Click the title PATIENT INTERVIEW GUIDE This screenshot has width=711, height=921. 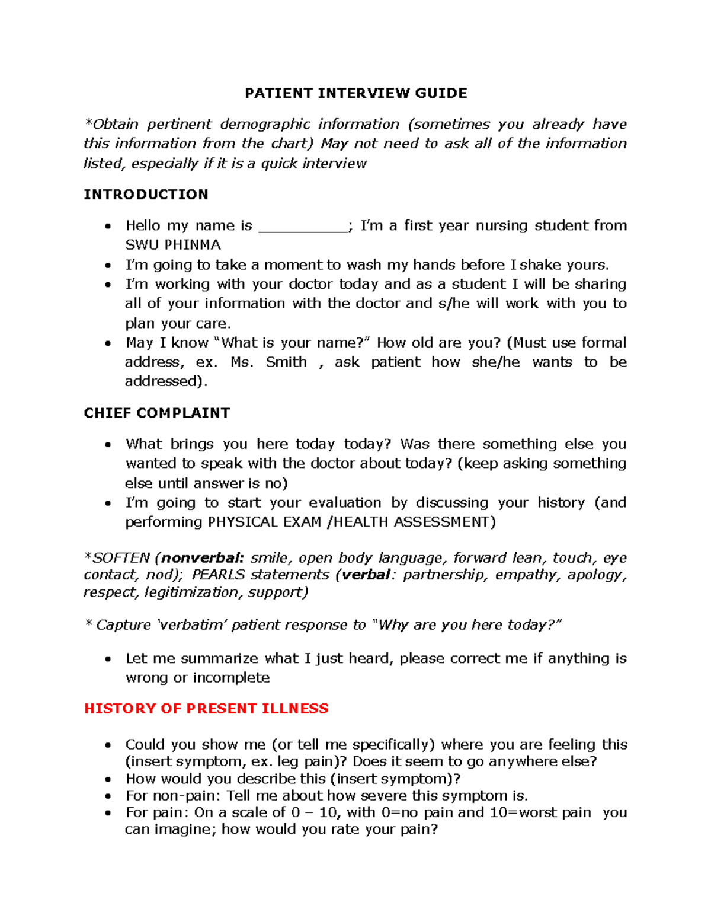[x=356, y=93]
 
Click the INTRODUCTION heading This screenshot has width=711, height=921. [x=146, y=195]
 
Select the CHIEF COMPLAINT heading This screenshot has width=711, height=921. [x=156, y=413]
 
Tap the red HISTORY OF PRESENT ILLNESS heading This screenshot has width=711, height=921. [x=206, y=708]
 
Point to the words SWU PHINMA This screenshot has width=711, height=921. [x=173, y=245]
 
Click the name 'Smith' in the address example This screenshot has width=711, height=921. [x=286, y=362]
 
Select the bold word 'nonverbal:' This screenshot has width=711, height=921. [x=202, y=558]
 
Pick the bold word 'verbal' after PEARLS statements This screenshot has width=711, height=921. [x=366, y=575]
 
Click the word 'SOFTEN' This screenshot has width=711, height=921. [x=121, y=558]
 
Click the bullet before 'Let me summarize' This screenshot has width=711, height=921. [x=107, y=659]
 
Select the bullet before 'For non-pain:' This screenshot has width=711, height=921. [x=107, y=796]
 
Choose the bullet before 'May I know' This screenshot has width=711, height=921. [x=107, y=343]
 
